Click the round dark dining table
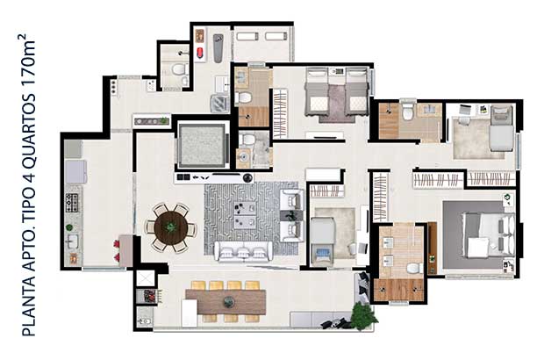click(170, 227)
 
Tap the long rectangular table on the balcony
click(226, 302)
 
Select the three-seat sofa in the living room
click(244, 252)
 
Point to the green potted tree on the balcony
click(363, 315)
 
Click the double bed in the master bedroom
click(489, 234)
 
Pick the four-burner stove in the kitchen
click(72, 203)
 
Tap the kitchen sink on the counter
click(72, 241)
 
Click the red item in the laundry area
click(200, 53)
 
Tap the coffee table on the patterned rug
click(245, 215)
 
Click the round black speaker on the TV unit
click(247, 177)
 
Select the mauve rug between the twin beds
click(337, 104)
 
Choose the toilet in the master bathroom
click(415, 268)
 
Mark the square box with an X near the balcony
click(146, 278)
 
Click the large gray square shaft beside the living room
click(202, 146)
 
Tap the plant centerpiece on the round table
click(170, 227)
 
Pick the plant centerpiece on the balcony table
click(229, 302)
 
